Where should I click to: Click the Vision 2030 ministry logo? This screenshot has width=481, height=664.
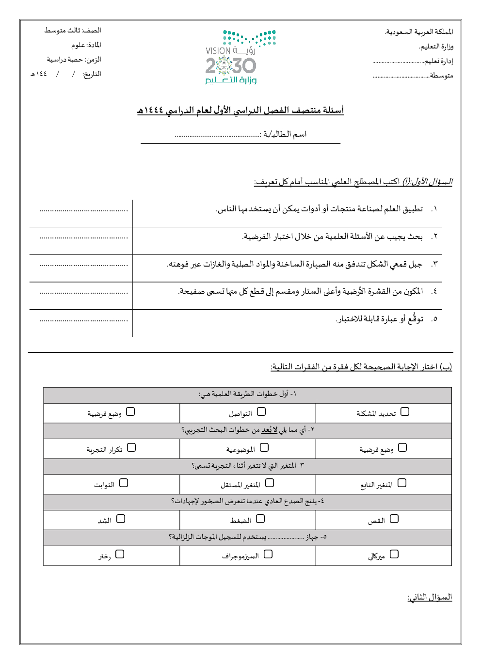tap(240, 57)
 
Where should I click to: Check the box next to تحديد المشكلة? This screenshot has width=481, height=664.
tap(405, 411)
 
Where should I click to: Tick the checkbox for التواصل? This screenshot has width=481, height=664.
tap(261, 411)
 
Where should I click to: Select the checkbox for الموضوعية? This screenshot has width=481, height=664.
tap(264, 447)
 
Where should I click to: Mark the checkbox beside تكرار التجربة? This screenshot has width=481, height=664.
tap(131, 447)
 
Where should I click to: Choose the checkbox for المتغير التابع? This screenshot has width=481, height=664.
tap(402, 483)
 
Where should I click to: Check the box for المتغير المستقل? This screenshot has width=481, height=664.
tap(270, 483)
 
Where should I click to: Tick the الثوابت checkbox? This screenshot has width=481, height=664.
tap(124, 483)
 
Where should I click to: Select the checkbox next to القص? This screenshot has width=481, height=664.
tap(394, 519)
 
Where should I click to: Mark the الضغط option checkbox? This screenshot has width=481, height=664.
tap(260, 519)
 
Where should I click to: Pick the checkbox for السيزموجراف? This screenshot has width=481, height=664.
tap(268, 554)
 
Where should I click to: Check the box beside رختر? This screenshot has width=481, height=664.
tap(120, 554)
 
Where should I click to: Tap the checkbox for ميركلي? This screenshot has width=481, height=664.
tap(394, 554)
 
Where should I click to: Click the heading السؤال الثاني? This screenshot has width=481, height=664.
tap(430, 597)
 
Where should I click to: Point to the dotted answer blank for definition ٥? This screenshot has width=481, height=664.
tap(84, 320)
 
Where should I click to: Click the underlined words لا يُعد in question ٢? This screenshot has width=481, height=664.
tap(270, 430)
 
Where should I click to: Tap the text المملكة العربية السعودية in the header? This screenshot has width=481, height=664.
tap(419, 32)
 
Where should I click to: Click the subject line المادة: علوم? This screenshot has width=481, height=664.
tap(86, 45)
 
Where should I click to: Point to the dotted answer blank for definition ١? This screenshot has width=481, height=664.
tap(84, 210)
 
